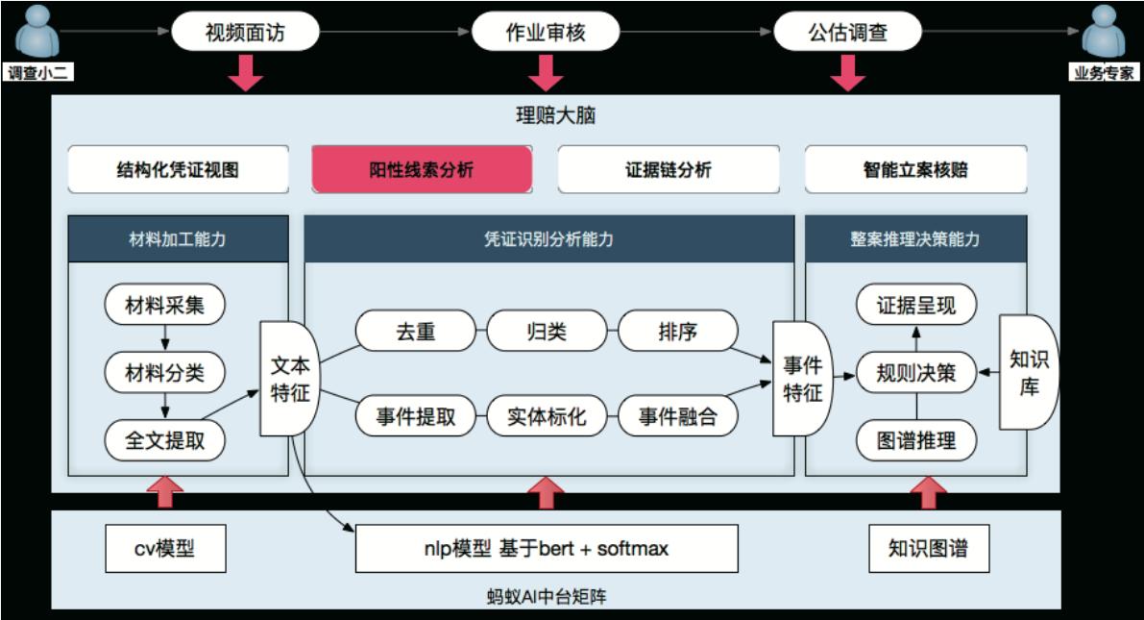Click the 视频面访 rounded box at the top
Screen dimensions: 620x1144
pyautogui.click(x=245, y=33)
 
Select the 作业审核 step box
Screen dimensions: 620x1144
pyautogui.click(x=546, y=33)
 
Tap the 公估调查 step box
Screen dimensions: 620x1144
pyautogui.click(x=847, y=33)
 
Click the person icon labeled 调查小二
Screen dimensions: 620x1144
pyautogui.click(x=38, y=36)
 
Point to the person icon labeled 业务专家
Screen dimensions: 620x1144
pyautogui.click(x=1104, y=36)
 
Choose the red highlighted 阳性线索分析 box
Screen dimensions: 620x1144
pyautogui.click(x=422, y=169)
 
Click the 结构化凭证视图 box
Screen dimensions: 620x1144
pyautogui.click(x=178, y=169)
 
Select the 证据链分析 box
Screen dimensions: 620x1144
pyautogui.click(x=668, y=169)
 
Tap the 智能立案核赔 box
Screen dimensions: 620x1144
pyautogui.click(x=915, y=169)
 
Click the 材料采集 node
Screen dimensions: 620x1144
pyautogui.click(x=165, y=306)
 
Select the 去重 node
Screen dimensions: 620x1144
pyautogui.click(x=415, y=332)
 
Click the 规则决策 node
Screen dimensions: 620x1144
pyautogui.click(x=915, y=373)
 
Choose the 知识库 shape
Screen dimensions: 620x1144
pyautogui.click(x=1029, y=373)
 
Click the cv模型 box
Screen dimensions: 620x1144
pyautogui.click(x=165, y=549)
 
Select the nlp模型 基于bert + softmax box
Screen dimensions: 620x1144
pyautogui.click(x=547, y=549)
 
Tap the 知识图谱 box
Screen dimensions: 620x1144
pyautogui.click(x=928, y=549)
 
